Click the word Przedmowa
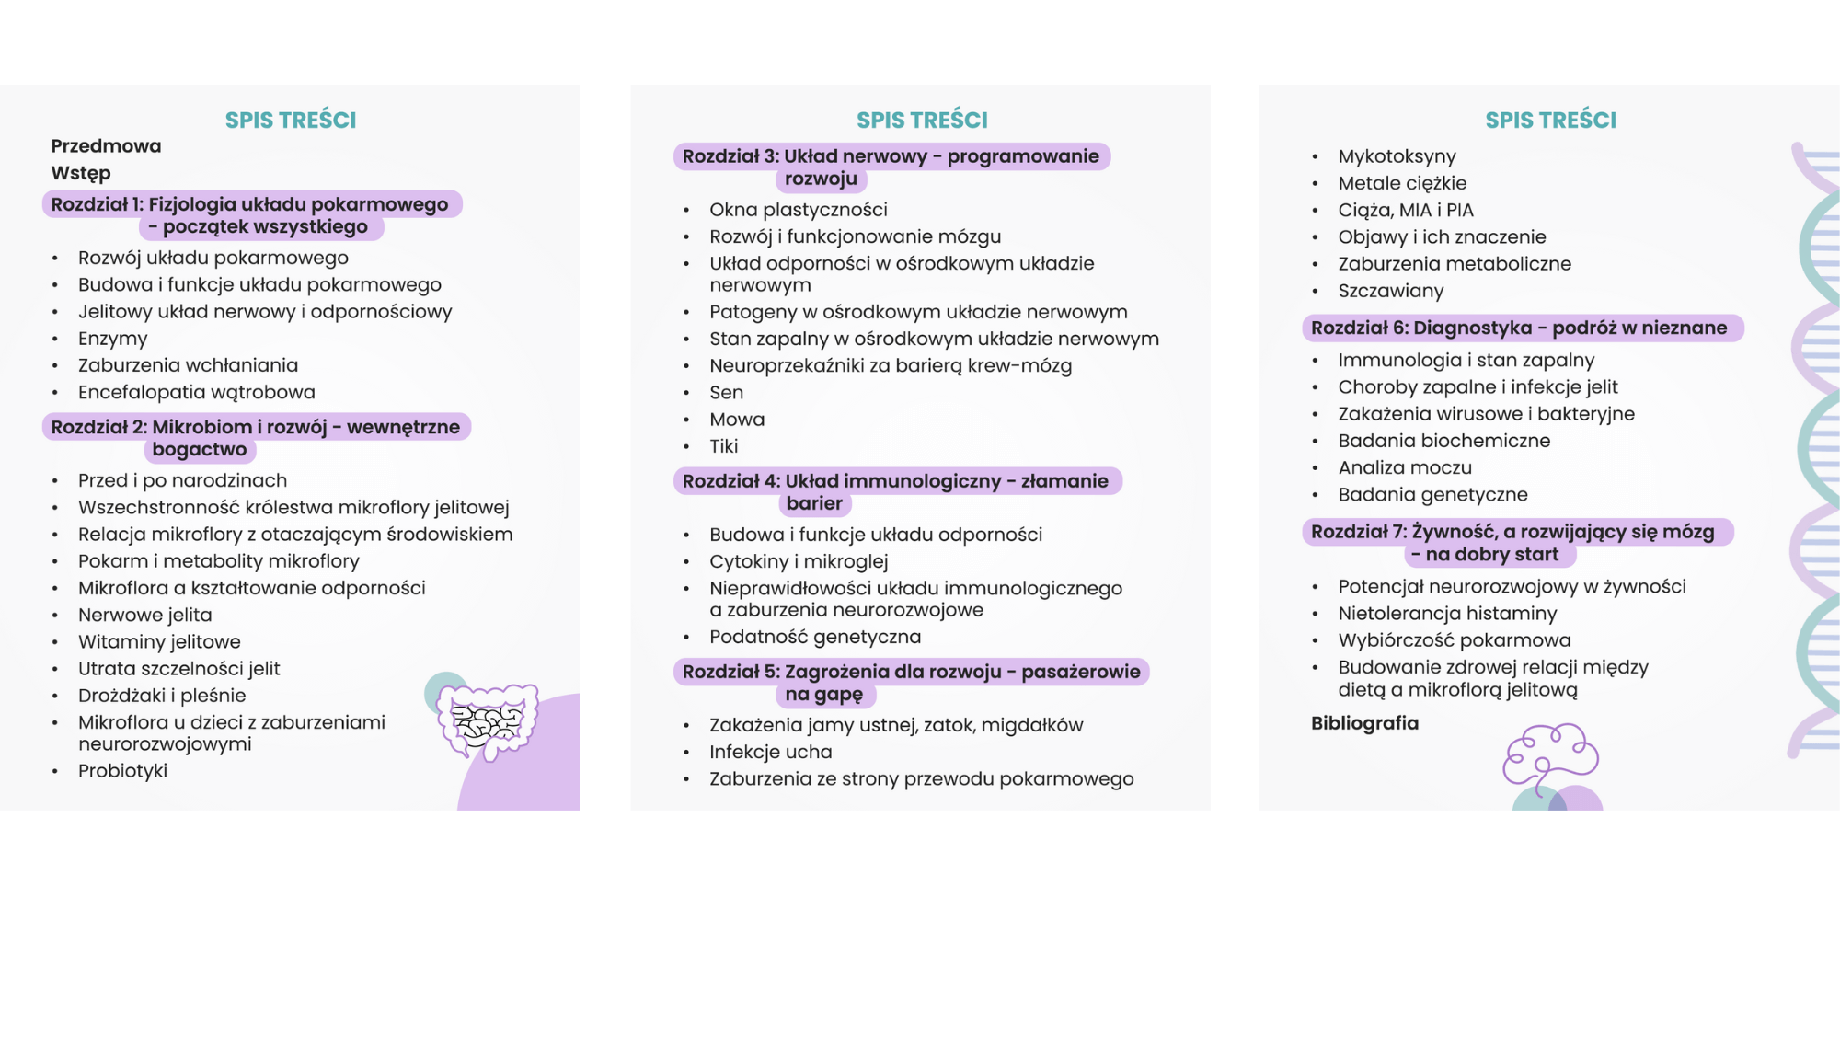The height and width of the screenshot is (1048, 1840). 106,146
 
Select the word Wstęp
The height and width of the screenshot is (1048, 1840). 81,173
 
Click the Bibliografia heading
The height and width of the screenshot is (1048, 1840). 1364,723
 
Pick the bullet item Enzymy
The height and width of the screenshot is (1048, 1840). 112,339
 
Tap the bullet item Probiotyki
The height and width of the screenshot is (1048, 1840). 122,771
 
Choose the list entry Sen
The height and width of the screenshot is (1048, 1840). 726,393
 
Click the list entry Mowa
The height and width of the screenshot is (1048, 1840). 737,420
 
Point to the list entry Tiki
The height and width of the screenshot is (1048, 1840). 723,446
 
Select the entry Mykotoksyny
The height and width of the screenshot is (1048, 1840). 1397,156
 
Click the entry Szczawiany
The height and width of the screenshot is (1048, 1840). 1390,291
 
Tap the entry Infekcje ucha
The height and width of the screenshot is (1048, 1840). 770,753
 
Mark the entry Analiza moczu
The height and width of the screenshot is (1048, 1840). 1405,468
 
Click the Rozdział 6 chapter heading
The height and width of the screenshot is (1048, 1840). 1519,328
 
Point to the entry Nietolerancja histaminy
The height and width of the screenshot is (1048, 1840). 1447,614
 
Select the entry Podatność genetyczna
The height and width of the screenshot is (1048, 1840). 814,637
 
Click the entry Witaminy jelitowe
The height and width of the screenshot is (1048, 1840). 159,642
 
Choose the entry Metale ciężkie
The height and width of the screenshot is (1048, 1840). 1402,183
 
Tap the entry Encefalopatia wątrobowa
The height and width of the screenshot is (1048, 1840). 196,393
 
